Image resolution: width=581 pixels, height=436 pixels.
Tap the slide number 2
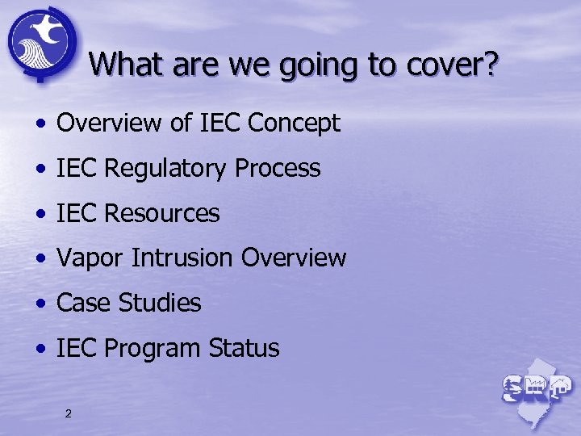pyautogui.click(x=68, y=414)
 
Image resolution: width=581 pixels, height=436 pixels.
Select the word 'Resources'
pyautogui.click(x=161, y=214)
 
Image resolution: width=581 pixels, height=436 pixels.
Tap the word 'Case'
pyautogui.click(x=84, y=304)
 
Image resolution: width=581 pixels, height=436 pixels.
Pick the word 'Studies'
pyautogui.click(x=160, y=304)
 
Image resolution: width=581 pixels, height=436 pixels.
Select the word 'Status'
pyautogui.click(x=244, y=349)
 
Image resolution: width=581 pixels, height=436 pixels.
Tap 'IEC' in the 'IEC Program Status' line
pyautogui.click(x=77, y=349)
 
